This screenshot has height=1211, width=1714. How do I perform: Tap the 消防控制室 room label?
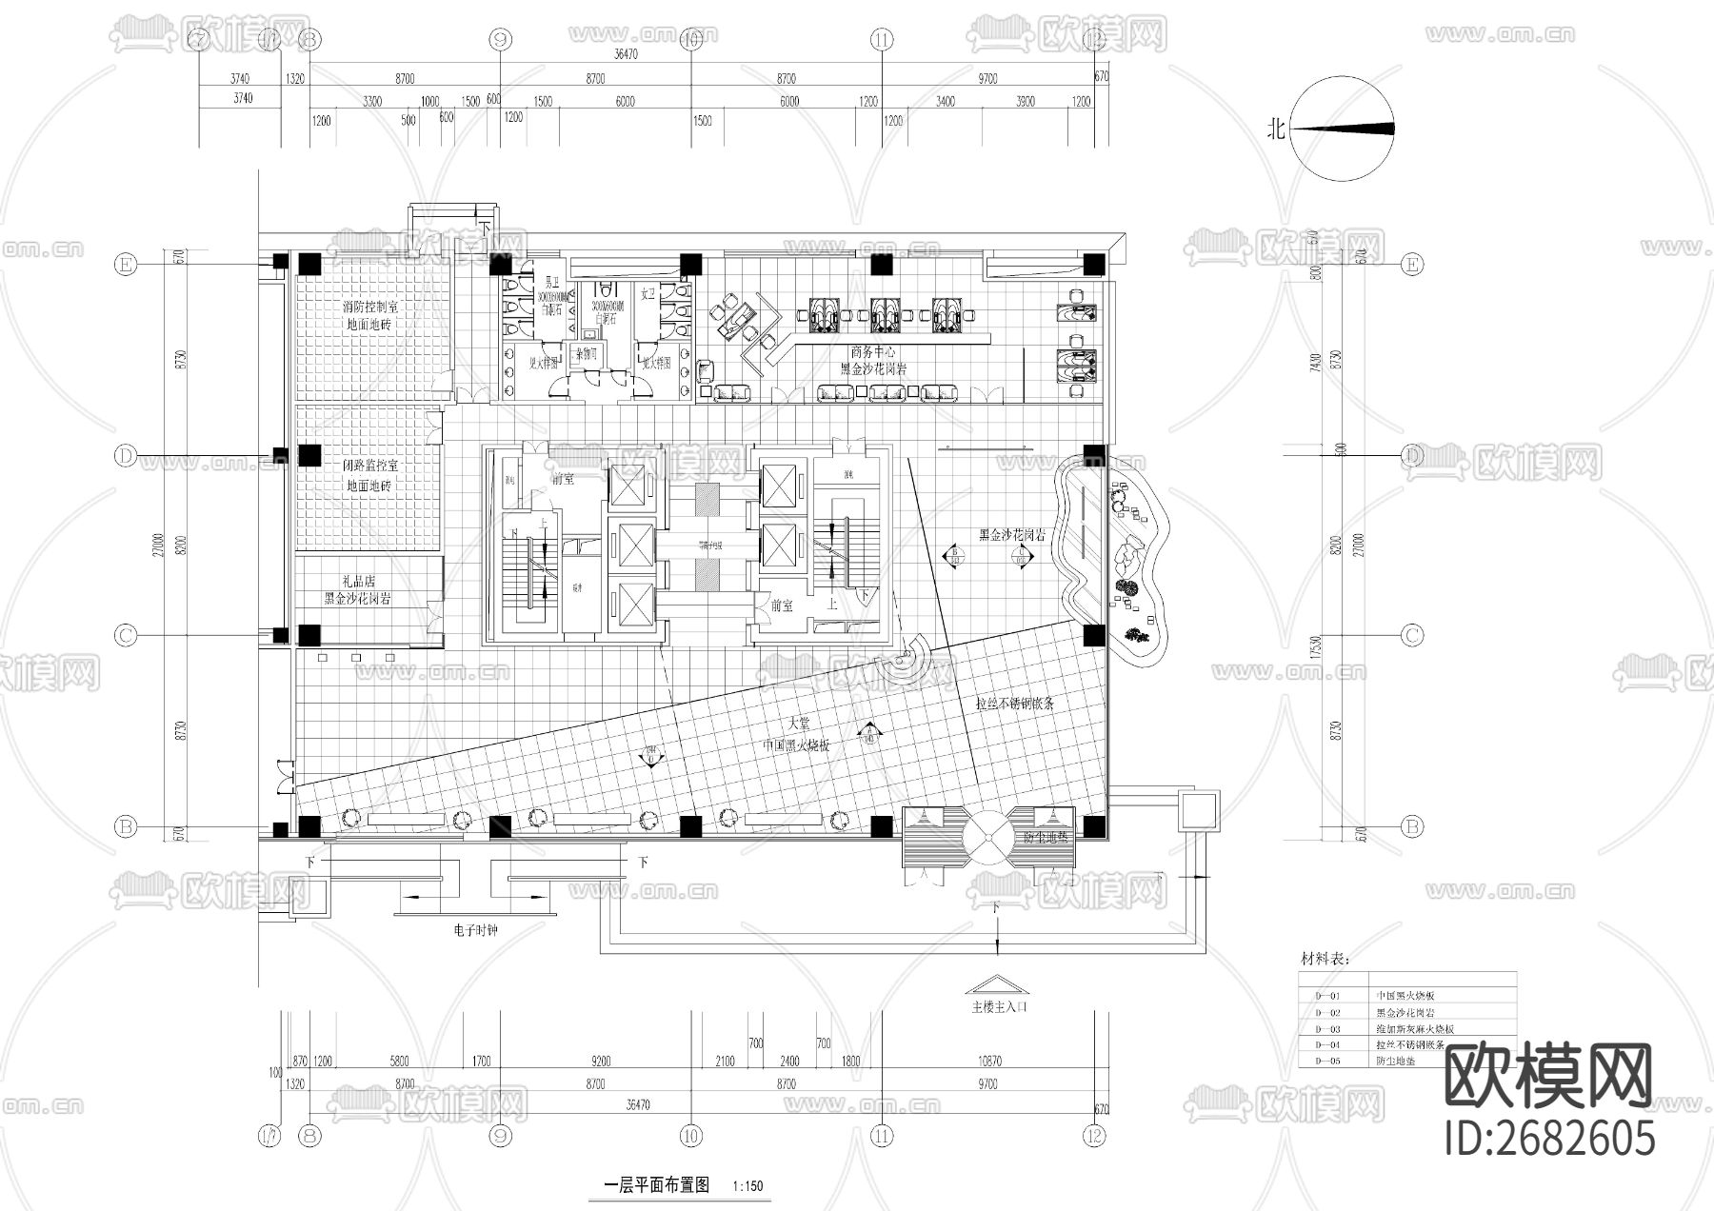pos(370,308)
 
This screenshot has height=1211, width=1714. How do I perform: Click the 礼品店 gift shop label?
pos(359,581)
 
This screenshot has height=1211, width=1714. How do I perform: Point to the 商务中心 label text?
pos(872,352)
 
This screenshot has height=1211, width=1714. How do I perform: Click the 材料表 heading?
pos(1325,959)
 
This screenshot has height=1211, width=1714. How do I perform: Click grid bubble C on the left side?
pos(125,635)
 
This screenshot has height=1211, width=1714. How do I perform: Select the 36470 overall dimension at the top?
pos(625,55)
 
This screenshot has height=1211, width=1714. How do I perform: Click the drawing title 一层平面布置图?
pos(657,1186)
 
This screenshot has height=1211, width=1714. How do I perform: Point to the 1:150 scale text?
pos(748,1187)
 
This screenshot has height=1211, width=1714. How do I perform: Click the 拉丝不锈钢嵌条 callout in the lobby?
pos(1015,704)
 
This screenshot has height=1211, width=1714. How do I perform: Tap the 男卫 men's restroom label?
pos(550,283)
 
